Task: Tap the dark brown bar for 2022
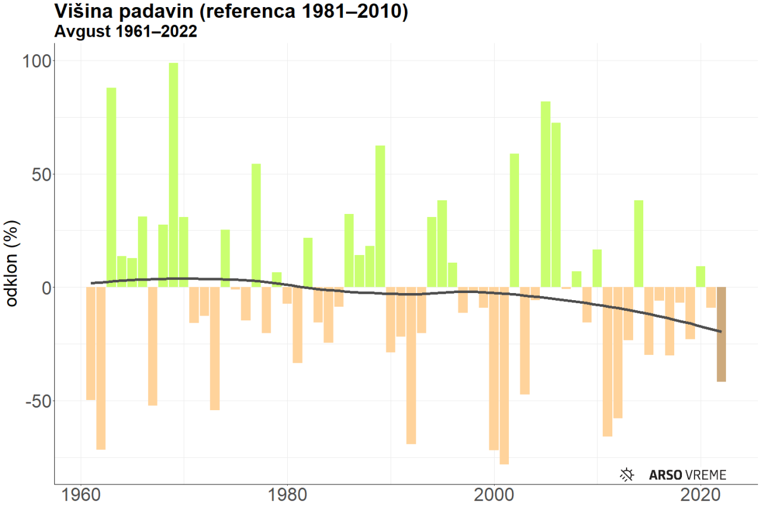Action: [x=721, y=334]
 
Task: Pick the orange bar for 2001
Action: [x=504, y=375]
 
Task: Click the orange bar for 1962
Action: [x=101, y=368]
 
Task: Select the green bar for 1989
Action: [x=380, y=216]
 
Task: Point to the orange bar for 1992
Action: [x=411, y=365]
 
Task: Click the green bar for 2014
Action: [x=639, y=244]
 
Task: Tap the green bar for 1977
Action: [x=256, y=225]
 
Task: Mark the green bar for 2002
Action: [x=514, y=221]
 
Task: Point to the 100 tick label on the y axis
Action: [x=38, y=61]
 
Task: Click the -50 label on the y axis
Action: [x=38, y=401]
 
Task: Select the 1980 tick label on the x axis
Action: [x=287, y=495]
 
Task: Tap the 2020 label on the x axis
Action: [x=700, y=495]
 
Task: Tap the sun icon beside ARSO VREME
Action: [x=627, y=474]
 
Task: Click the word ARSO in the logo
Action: [x=665, y=475]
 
